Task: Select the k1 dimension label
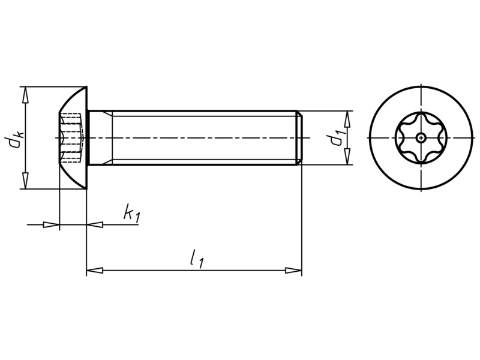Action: point(131,213)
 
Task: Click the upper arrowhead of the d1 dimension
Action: point(347,118)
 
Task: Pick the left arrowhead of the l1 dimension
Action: point(95,271)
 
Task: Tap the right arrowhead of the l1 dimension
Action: point(293,271)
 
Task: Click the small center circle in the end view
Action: point(422,139)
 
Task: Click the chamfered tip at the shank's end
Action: point(299,138)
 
